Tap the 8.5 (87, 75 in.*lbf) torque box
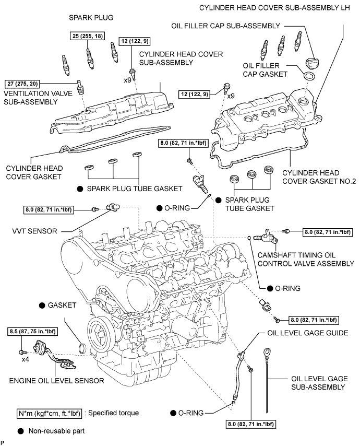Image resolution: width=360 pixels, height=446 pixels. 32,332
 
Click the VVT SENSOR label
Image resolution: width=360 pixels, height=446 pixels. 34,231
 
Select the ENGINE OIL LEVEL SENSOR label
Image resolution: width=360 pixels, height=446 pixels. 56,381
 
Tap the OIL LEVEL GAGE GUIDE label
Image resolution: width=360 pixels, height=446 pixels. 308,333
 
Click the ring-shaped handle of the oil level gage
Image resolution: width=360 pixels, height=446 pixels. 267,353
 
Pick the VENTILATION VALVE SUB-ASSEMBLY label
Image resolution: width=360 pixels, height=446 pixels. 38,98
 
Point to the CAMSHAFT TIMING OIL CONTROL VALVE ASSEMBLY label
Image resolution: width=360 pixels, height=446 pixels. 306,260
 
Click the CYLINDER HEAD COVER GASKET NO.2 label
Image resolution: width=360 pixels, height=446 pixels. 319,177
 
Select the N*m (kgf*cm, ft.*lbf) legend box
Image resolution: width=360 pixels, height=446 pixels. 49,413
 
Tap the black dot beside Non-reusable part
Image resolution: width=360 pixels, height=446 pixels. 20,431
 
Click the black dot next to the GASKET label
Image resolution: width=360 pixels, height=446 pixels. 42,306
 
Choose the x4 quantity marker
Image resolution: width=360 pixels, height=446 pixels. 25,360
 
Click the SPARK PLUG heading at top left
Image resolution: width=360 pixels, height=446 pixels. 91,18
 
